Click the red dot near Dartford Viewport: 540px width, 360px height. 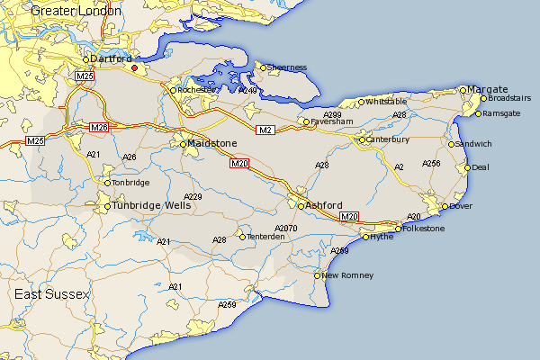click(135, 67)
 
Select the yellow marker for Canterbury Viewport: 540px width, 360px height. click(362, 139)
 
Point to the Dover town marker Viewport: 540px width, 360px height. click(445, 207)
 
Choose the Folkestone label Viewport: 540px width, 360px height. click(426, 229)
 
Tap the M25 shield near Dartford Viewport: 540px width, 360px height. click(85, 76)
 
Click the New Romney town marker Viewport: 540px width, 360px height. click(318, 274)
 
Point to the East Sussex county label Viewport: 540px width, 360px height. click(52, 295)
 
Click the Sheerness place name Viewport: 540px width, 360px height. click(288, 67)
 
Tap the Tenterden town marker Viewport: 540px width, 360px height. click(242, 237)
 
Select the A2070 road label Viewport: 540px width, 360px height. click(285, 229)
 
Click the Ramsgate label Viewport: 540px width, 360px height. click(502, 113)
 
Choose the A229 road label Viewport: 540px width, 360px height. click(193, 196)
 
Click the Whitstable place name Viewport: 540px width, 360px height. click(387, 102)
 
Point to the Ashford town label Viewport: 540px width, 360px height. click(324, 205)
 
